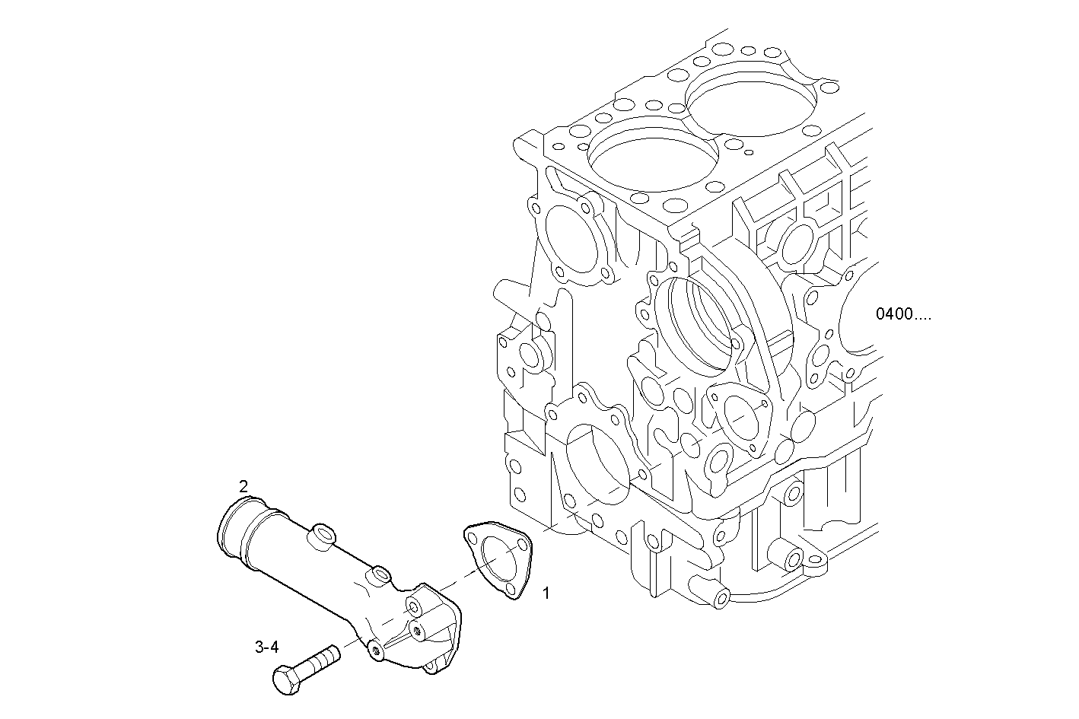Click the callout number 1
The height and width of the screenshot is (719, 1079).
coord(546,592)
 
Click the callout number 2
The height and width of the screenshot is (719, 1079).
coord(243,485)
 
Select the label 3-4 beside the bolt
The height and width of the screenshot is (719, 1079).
coord(266,647)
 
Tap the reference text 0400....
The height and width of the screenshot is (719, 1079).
coord(902,314)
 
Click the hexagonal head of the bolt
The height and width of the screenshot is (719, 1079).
coord(285,679)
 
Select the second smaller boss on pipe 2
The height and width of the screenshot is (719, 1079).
coord(377,576)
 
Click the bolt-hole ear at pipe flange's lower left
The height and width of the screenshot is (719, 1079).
coord(375,651)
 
